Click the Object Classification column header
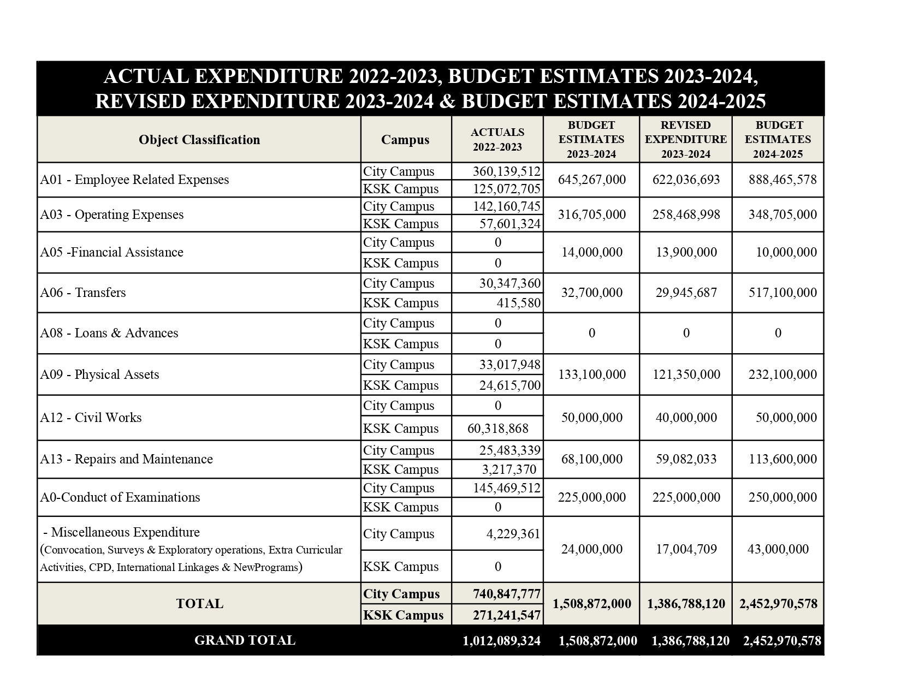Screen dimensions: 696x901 199,140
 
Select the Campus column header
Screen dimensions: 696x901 405,140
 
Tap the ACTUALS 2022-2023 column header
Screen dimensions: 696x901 497,140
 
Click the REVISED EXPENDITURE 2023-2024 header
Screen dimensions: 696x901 686,140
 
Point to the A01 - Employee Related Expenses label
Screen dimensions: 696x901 134,180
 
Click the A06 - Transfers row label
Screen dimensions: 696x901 83,293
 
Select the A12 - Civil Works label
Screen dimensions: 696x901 91,418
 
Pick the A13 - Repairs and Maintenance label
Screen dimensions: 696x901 126,459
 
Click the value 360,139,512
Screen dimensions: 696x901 506,171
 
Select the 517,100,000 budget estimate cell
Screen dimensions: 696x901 783,293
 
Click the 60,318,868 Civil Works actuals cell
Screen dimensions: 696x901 498,429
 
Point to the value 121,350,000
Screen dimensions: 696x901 686,374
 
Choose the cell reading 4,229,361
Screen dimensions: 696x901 513,534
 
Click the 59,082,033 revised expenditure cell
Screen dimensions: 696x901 686,459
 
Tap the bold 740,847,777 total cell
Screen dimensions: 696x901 507,594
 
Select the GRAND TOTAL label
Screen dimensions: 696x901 245,640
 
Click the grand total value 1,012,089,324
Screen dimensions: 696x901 501,641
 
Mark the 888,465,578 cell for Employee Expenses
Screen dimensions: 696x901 783,180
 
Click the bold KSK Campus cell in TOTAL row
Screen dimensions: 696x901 404,615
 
